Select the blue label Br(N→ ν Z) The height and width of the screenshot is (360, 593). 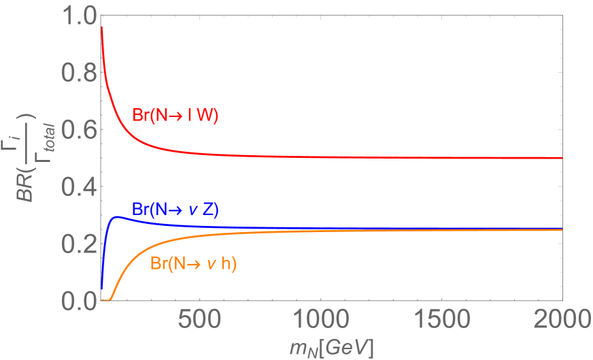click(x=175, y=209)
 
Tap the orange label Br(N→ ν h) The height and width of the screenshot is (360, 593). click(x=192, y=265)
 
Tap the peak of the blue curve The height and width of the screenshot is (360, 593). click(x=117, y=217)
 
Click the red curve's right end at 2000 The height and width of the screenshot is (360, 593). click(x=562, y=157)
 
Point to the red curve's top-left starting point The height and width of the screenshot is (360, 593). click(x=101, y=27)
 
